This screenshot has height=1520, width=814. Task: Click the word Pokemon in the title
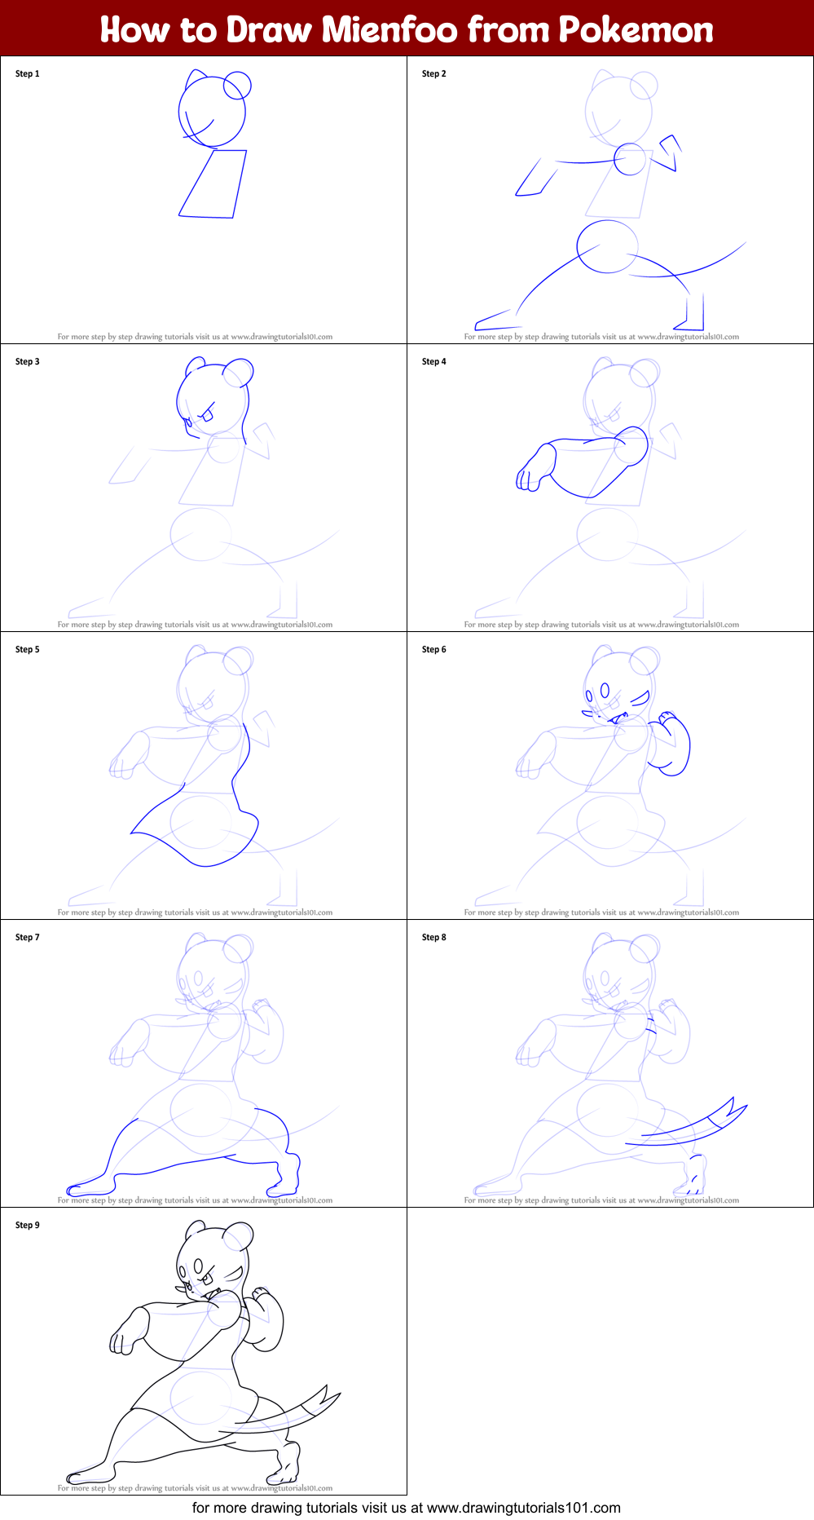[x=636, y=30]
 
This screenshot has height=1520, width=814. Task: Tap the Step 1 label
[x=27, y=73]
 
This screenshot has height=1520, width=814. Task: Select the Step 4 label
[x=433, y=361]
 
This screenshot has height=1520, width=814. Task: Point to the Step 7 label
[x=27, y=937]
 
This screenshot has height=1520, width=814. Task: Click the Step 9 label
[x=27, y=1225]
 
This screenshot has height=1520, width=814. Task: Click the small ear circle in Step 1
[x=237, y=85]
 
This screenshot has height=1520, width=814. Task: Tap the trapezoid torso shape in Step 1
[x=213, y=183]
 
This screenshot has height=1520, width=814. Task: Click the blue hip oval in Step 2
[x=607, y=246]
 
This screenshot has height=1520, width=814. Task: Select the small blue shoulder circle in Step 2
[x=629, y=159]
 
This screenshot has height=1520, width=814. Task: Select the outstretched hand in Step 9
[x=122, y=1337]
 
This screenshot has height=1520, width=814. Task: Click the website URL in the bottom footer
[x=523, y=1508]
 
